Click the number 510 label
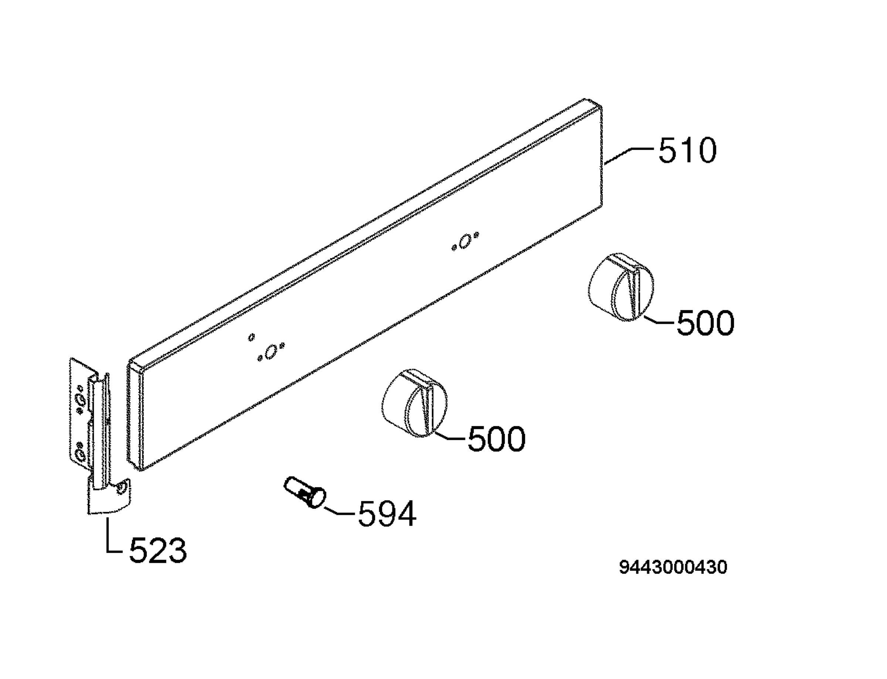tap(687, 150)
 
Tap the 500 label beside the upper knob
tap(706, 323)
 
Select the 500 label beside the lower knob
tap(497, 439)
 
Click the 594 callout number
tap(387, 514)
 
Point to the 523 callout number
tap(158, 550)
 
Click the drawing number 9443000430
tap(673, 567)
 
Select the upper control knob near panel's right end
tap(621, 287)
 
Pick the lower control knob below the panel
tap(415, 402)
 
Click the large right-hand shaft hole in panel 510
tap(466, 241)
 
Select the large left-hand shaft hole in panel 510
tap(270, 352)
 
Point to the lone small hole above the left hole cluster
tap(252, 337)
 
